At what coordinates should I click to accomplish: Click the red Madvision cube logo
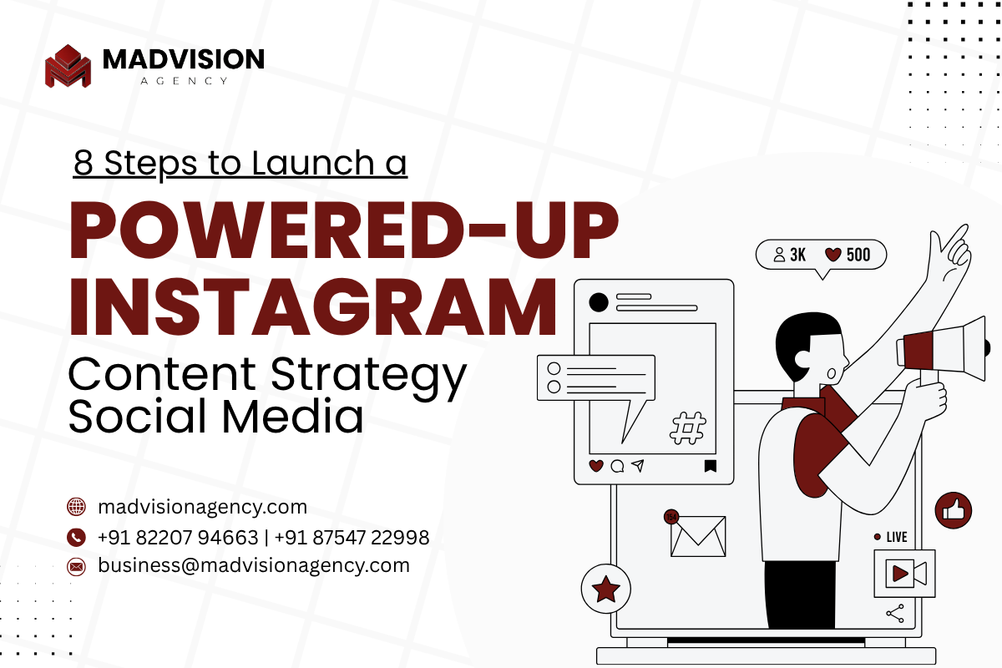pyautogui.click(x=68, y=66)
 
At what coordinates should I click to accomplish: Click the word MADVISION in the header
pyautogui.click(x=184, y=59)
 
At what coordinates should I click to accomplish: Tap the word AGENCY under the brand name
pyautogui.click(x=185, y=81)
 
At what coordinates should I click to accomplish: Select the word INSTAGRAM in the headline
pyautogui.click(x=313, y=306)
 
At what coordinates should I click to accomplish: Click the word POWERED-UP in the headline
pyautogui.click(x=344, y=230)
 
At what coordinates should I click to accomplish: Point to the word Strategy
pyautogui.click(x=368, y=377)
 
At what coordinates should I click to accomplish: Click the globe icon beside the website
pyautogui.click(x=76, y=507)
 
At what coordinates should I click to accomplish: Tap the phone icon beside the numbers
pyautogui.click(x=76, y=538)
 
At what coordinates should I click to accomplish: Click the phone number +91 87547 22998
pyautogui.click(x=352, y=538)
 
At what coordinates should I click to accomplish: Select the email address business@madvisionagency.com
pyautogui.click(x=254, y=566)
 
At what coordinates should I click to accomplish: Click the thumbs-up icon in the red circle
pyautogui.click(x=954, y=510)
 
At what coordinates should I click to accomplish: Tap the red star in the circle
pyautogui.click(x=606, y=589)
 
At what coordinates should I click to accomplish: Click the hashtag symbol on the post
pyautogui.click(x=687, y=428)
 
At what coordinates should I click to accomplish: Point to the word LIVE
pyautogui.click(x=897, y=537)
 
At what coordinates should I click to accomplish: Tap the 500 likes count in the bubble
pyautogui.click(x=858, y=255)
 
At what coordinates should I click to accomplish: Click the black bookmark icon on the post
pyautogui.click(x=711, y=466)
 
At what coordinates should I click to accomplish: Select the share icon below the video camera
pyautogui.click(x=895, y=614)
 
